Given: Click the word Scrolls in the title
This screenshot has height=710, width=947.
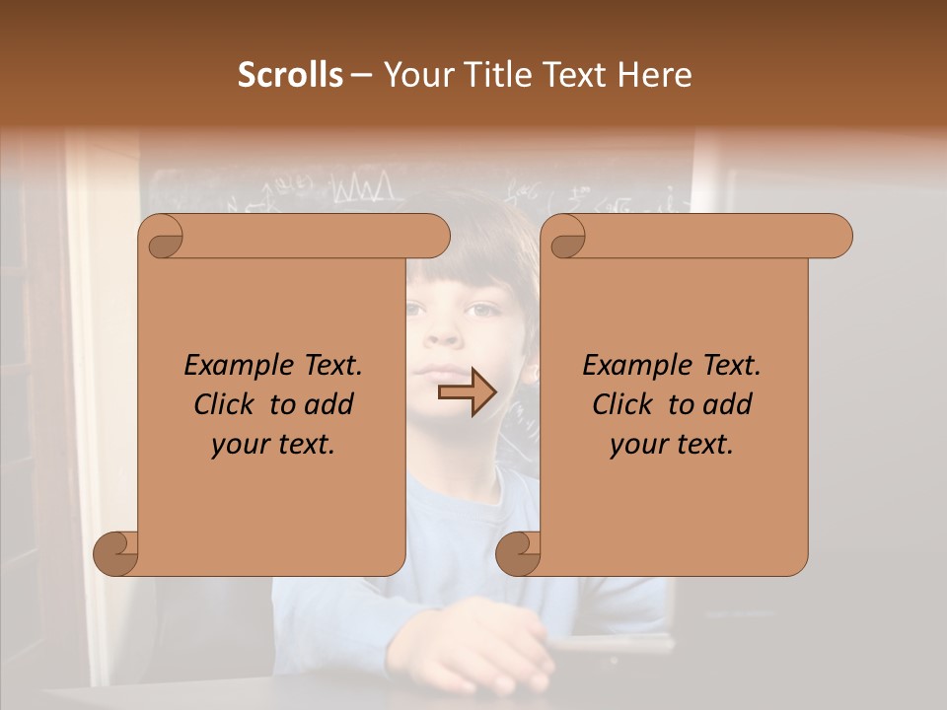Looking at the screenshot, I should (290, 75).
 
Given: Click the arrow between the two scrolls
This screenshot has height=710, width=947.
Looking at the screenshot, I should (468, 393).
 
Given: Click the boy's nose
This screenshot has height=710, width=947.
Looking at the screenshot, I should (445, 335).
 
